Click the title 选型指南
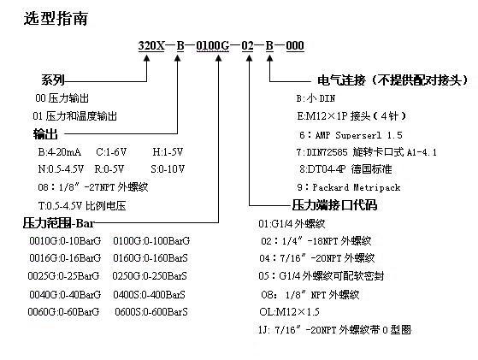tap(56, 18)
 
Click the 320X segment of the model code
tap(151, 45)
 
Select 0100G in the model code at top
tap(212, 45)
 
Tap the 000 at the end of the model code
tap(295, 45)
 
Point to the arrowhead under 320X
tap(147, 58)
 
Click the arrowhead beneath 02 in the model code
tap(250, 58)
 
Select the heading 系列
tap(53, 80)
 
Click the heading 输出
tap(45, 133)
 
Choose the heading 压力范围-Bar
tap(58, 223)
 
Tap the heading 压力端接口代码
tap(334, 205)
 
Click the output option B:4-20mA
tap(60, 152)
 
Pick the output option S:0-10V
tap(168, 168)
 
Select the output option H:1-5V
tap(168, 152)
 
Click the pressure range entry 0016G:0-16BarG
tap(65, 258)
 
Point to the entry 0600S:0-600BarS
tap(151, 312)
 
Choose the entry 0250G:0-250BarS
tap(150, 276)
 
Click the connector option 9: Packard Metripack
tap(349, 187)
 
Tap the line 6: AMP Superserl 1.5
tap(351, 135)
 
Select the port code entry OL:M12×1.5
tap(289, 312)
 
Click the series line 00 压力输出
tap(62, 98)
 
